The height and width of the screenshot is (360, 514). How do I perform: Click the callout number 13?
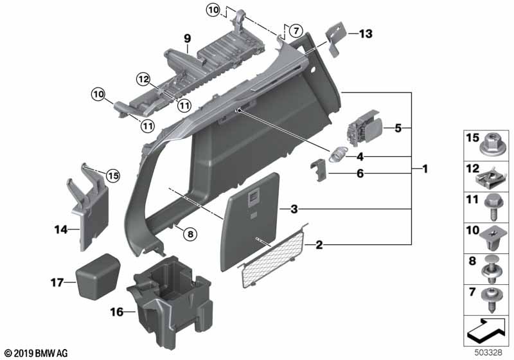click(x=365, y=34)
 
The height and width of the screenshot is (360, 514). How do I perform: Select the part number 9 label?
click(x=187, y=38)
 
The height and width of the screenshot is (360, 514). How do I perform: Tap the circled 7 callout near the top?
click(x=294, y=30)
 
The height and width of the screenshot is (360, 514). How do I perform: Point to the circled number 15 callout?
click(x=113, y=175)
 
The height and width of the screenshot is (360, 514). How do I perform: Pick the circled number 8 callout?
click(x=189, y=234)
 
